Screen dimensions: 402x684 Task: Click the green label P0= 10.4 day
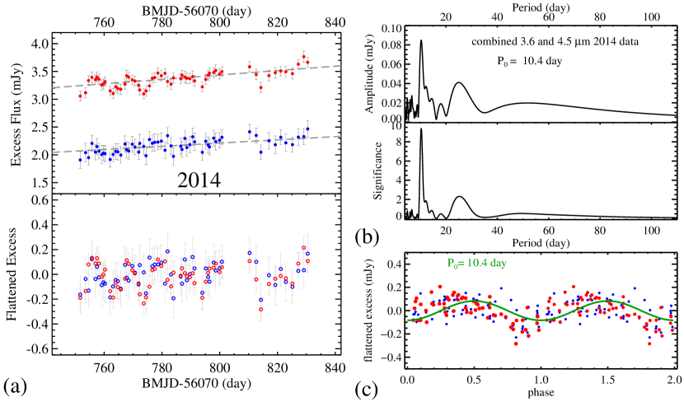(x=476, y=264)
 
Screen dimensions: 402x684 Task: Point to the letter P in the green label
(x=451, y=264)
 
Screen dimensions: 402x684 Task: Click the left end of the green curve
(x=410, y=320)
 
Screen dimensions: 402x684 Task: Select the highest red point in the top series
(x=304, y=55)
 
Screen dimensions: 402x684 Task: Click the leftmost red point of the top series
(x=80, y=96)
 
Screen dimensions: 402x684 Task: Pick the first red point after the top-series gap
(x=250, y=65)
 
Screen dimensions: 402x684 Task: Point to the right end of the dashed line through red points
(x=340, y=66)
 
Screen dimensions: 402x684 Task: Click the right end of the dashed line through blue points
(x=340, y=137)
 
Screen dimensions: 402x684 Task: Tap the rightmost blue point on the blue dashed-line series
(x=307, y=129)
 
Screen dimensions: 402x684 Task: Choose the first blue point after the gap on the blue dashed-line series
(x=250, y=129)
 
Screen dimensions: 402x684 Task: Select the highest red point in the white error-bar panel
(x=304, y=247)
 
